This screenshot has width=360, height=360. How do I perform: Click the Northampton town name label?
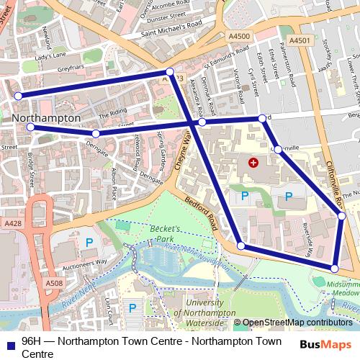(45, 117)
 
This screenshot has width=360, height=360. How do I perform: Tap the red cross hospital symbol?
(252, 163)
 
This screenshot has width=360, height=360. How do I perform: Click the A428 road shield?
(12, 225)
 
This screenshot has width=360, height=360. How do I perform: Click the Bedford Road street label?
(201, 214)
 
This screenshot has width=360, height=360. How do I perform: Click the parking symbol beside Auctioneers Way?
(89, 243)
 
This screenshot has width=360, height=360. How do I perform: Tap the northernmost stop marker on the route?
(169, 72)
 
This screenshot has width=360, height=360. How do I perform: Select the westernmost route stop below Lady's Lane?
(18, 96)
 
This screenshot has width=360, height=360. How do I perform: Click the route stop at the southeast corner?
(334, 269)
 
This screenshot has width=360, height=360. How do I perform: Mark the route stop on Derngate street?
(95, 133)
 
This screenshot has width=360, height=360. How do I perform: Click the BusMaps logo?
(325, 344)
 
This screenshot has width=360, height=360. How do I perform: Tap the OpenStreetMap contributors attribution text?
(297, 323)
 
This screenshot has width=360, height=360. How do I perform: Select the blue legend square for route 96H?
(11, 343)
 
